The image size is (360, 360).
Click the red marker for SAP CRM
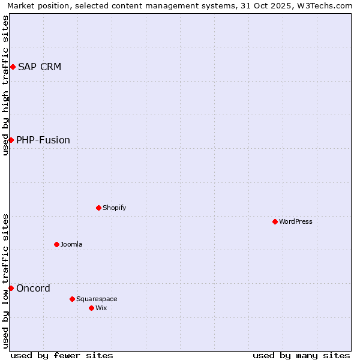13,67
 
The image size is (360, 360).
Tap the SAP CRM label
40,67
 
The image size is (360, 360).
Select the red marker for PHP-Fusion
11,140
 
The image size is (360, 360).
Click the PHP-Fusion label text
43,140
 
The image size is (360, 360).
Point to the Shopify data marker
98,208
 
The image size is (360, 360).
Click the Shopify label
114,208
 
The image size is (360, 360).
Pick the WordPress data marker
275,221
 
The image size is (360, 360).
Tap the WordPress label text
295,221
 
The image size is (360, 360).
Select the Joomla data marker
56,244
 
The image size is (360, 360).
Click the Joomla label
71,244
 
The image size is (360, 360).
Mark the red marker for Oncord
11,288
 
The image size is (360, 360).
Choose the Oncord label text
33,288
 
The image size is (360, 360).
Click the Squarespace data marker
72,299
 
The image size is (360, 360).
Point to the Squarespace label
97,299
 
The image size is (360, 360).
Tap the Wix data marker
91,308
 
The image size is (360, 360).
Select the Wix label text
101,308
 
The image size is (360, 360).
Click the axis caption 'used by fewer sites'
62,355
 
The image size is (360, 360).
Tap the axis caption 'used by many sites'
301,355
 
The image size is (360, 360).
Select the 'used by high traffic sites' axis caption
5,85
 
